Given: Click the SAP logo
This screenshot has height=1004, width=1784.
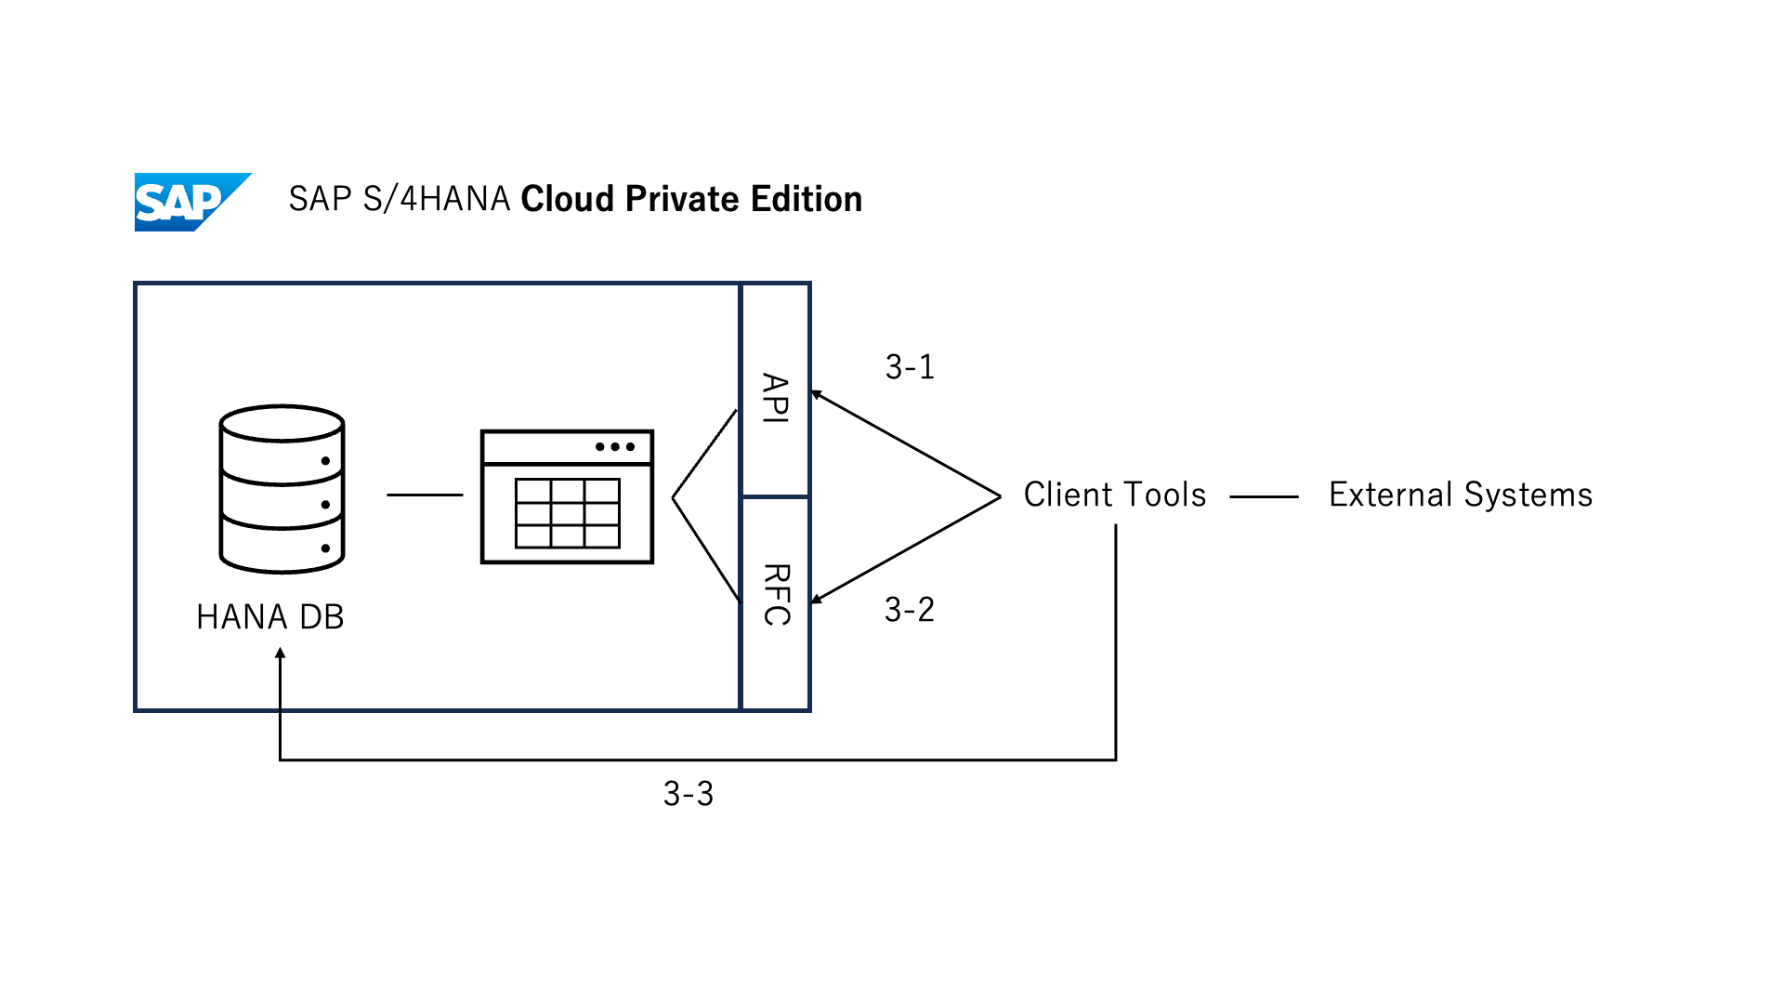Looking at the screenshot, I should coord(190,202).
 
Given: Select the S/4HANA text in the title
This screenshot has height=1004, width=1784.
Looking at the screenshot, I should coord(436,199).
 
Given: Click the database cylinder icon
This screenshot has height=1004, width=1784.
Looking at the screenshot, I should coord(282,489).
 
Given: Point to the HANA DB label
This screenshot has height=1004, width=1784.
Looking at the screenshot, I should coord(270,617).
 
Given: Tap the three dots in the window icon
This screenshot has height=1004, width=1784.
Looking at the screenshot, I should coord(615,447).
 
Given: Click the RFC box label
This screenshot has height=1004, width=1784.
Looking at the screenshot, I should coord(776,595).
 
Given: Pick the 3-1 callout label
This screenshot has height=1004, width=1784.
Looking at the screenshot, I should coord(910,367).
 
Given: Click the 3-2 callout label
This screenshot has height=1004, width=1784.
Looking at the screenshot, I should coord(909,610).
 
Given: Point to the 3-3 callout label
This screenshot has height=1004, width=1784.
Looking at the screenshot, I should coord(689,794).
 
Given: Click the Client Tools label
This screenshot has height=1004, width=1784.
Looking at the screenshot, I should coord(1115,495).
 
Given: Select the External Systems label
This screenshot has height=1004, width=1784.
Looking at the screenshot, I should coord(1461,495).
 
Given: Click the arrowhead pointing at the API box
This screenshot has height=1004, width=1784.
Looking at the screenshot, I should coord(816,395).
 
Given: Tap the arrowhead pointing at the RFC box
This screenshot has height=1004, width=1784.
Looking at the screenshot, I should coord(816,600).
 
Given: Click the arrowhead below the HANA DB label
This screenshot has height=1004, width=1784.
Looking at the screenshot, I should coord(280,654).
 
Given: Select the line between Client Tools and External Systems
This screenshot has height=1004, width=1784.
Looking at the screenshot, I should coord(1264,497).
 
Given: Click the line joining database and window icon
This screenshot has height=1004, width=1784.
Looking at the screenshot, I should coord(425,495).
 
